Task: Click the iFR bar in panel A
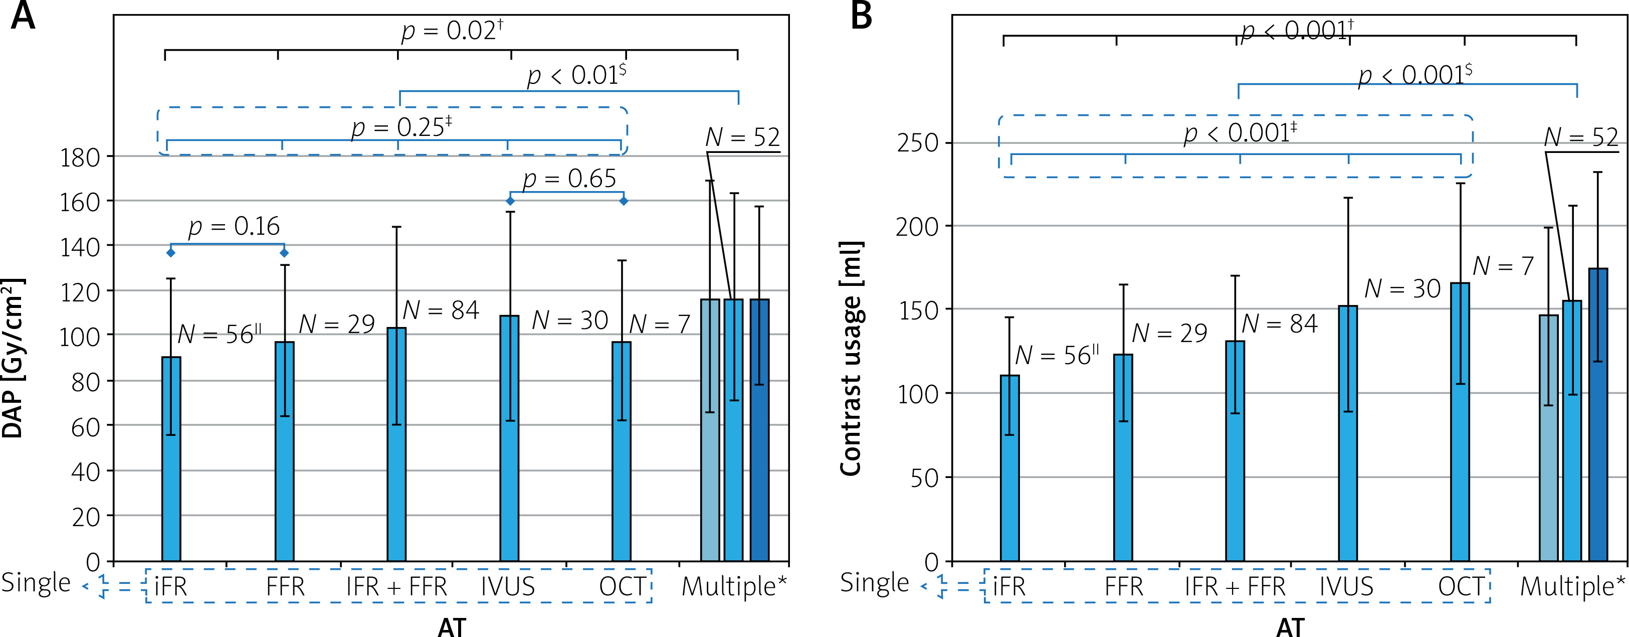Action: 171,458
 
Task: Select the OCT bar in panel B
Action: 1460,422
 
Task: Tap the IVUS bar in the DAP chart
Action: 509,438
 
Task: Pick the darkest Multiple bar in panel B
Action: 1598,414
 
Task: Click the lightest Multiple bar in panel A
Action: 710,430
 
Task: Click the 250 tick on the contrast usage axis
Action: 918,143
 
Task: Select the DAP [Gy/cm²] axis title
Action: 14,359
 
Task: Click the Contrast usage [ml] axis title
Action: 852,359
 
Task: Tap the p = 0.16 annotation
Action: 234,226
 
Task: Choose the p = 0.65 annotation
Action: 569,179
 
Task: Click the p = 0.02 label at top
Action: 452,30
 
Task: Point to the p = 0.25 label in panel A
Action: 401,127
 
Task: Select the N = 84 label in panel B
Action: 1279,324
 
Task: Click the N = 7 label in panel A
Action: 659,325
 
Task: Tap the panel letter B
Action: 861,16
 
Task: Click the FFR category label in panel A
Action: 285,586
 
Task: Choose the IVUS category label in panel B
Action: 1346,586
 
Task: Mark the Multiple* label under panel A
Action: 734,586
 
